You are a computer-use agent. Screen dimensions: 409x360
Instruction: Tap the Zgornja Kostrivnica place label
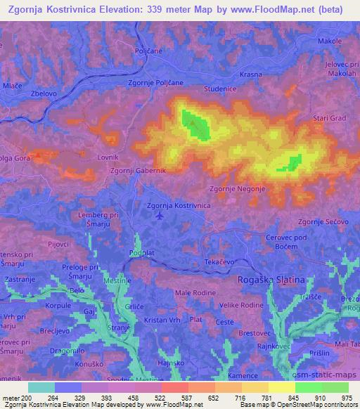(179, 205)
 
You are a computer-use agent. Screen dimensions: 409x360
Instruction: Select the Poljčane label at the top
(148, 51)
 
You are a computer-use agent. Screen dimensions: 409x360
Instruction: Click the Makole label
(329, 41)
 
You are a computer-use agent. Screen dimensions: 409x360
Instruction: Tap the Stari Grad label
(329, 117)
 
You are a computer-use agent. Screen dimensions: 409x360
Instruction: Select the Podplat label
(141, 252)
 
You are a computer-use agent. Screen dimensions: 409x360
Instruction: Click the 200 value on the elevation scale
(27, 397)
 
